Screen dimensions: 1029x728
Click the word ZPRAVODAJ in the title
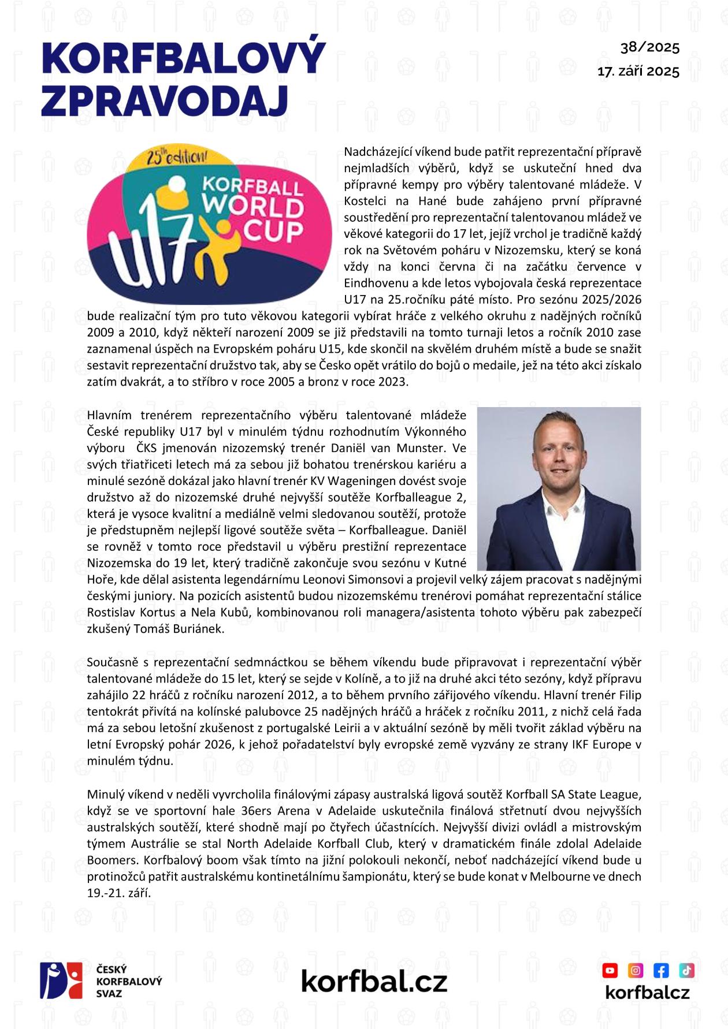tap(165, 102)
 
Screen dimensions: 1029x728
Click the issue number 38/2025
tap(650, 47)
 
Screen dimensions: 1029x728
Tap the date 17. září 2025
tap(638, 72)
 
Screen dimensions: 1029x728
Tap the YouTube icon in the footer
tap(610, 970)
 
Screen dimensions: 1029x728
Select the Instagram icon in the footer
tap(636, 970)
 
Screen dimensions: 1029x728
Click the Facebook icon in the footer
tap(661, 970)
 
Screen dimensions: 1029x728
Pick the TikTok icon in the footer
tap(686, 970)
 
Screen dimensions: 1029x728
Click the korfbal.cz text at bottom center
tap(374, 980)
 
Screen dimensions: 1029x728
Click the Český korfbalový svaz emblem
tap(61, 980)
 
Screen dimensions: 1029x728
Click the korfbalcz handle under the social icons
tap(647, 992)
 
